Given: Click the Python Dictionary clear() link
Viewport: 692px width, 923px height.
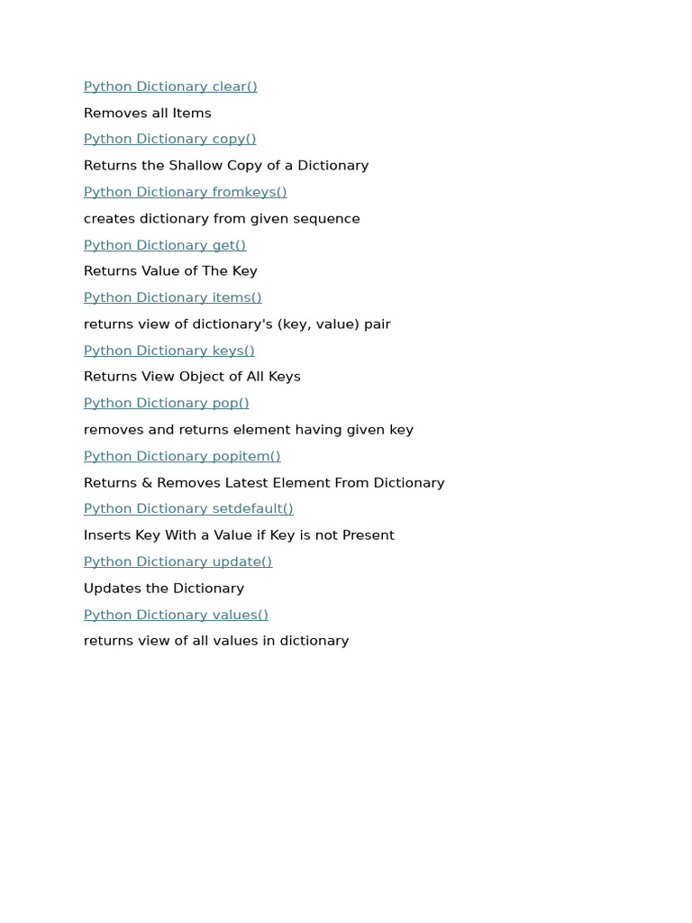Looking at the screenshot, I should (x=170, y=87).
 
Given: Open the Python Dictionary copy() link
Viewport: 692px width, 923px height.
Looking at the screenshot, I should (x=169, y=139).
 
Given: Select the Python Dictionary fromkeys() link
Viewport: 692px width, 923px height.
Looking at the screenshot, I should (x=185, y=192).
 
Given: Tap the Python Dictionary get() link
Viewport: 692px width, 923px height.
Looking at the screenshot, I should (x=164, y=245).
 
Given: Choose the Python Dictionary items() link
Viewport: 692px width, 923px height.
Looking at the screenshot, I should (x=172, y=297).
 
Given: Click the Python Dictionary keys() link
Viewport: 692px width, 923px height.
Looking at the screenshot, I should (x=168, y=351).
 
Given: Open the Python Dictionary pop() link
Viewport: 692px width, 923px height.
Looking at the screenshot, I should (x=166, y=403).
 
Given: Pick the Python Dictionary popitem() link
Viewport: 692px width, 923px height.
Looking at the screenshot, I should (x=182, y=456).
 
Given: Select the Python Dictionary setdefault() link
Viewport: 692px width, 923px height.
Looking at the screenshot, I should (x=188, y=508).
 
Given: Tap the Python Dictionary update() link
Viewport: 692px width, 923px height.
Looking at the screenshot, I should (x=178, y=562).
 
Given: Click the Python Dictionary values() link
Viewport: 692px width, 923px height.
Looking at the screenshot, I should (x=176, y=615).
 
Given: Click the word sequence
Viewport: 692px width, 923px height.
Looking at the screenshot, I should (x=328, y=219).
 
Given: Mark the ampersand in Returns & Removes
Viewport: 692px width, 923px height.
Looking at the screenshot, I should (x=146, y=483).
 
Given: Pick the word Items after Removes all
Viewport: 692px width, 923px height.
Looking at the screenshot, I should (x=191, y=114).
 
